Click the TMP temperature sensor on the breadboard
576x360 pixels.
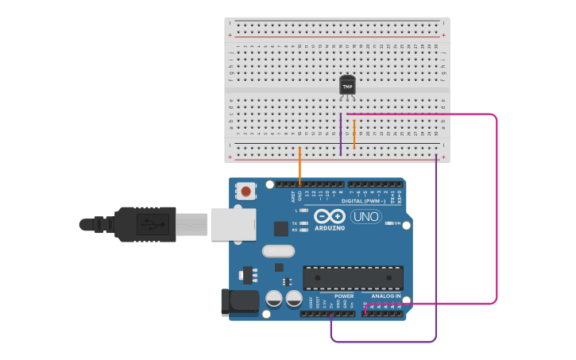[347, 84]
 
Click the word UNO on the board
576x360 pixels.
[366, 216]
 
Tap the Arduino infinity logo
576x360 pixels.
[329, 216]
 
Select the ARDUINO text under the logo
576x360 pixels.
[329, 228]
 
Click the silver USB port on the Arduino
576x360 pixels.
[234, 224]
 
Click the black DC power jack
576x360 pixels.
[240, 300]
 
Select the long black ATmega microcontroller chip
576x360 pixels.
[353, 278]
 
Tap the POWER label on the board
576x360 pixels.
[344, 296]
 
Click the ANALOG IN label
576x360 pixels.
[387, 296]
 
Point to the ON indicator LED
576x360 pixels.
[389, 223]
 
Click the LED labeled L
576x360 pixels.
[303, 211]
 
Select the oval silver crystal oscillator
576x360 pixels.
[278, 251]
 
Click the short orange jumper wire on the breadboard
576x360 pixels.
[354, 134]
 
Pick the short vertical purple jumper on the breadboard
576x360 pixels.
[341, 134]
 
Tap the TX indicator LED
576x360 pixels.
[303, 223]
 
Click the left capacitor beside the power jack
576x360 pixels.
[273, 299]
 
